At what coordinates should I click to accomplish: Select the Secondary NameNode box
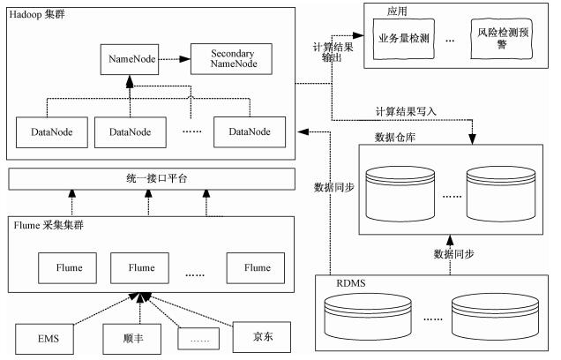[232, 60]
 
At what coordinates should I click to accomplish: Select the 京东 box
[262, 335]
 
